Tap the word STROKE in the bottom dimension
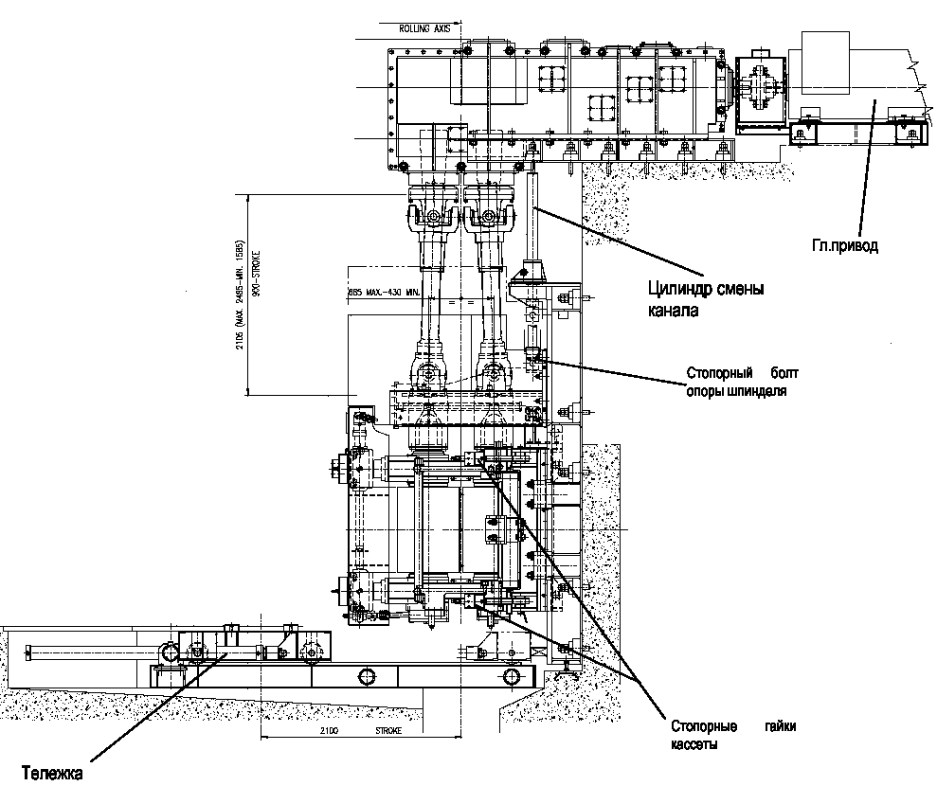[389, 732]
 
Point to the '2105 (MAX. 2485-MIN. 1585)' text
[242, 295]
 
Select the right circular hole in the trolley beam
[512, 675]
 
